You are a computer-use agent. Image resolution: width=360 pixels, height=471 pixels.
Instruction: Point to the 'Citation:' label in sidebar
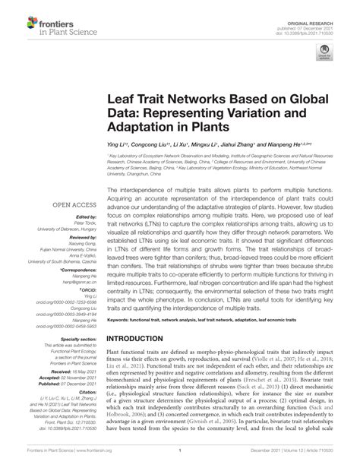(x=86, y=390)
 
